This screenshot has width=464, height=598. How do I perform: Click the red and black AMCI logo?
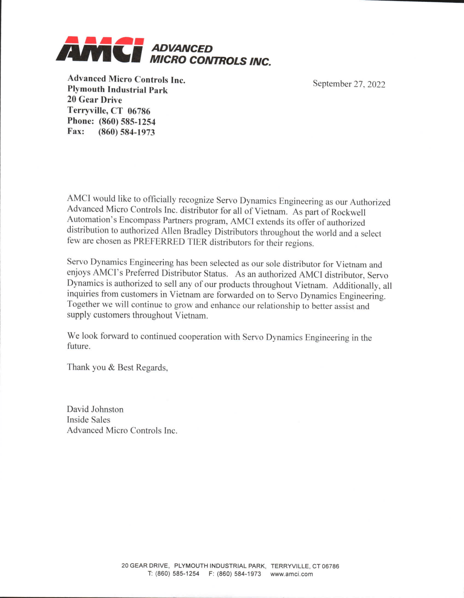[x=100, y=49]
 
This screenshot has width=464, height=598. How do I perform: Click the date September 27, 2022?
[x=349, y=84]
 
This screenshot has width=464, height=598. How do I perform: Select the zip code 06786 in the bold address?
[x=139, y=111]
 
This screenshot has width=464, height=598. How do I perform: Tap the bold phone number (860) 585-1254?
[x=127, y=122]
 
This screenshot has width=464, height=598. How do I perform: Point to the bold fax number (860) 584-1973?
[x=126, y=132]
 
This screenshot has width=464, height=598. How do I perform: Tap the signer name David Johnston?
[x=95, y=409]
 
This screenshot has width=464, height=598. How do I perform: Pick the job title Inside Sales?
[x=88, y=420]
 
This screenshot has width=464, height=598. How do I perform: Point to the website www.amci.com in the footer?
[x=291, y=574]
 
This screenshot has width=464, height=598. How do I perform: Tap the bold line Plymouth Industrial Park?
[x=117, y=90]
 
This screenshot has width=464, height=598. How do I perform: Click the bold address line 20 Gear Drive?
[x=94, y=100]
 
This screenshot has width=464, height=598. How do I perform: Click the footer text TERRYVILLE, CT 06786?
[x=305, y=566]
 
